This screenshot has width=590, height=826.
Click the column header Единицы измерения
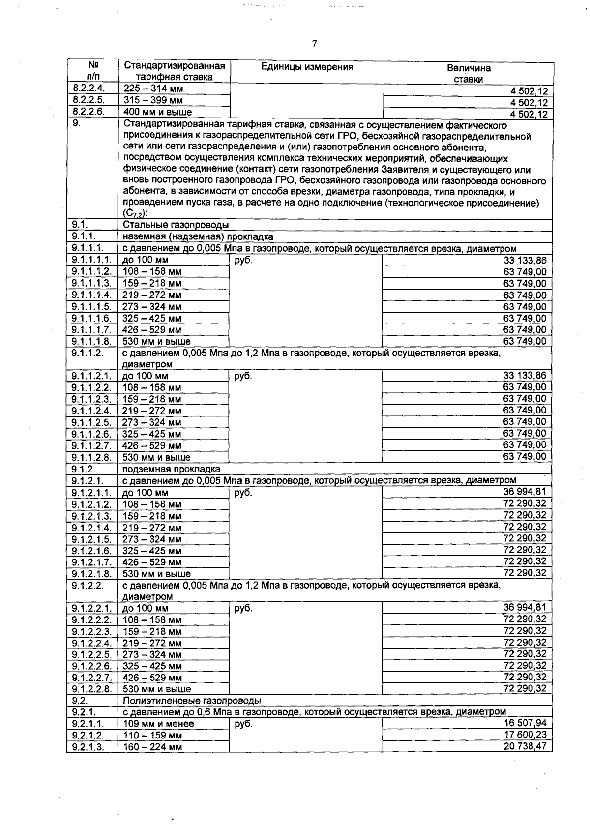(x=307, y=67)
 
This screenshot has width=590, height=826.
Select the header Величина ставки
(x=468, y=74)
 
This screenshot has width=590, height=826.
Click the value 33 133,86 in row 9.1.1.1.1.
(x=525, y=261)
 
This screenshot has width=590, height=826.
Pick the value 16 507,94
(x=525, y=723)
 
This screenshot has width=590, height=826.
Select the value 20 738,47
(x=525, y=747)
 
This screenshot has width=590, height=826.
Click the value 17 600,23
(x=525, y=735)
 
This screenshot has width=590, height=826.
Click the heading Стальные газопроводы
(x=176, y=225)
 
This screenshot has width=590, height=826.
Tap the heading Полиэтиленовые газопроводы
(x=192, y=701)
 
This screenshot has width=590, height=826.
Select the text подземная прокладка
(x=171, y=469)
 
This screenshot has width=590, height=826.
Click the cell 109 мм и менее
(x=158, y=724)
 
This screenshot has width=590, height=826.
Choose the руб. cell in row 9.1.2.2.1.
(x=243, y=609)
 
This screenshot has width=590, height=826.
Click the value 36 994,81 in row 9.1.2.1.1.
(x=525, y=492)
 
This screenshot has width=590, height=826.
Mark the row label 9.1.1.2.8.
(x=91, y=457)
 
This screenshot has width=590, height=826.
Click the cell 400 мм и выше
(x=157, y=112)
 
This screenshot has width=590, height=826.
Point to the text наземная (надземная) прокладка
(x=198, y=237)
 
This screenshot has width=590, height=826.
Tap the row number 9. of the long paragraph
(x=76, y=124)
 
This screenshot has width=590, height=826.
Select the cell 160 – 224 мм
(x=152, y=747)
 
